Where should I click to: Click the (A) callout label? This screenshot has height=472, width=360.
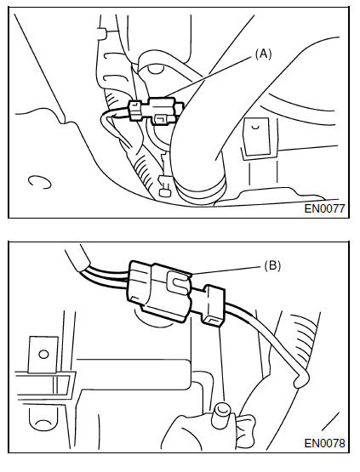point(263,54)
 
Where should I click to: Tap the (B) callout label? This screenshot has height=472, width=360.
point(272,266)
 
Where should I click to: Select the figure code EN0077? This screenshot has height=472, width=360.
point(324,208)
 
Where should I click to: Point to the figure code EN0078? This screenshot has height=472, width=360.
point(324,443)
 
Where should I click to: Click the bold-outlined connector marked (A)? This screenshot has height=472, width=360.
point(156,111)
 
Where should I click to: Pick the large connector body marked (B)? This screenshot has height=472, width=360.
point(160,291)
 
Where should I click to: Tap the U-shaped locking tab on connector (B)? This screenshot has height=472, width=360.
point(178,282)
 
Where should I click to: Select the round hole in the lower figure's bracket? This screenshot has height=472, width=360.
point(43,354)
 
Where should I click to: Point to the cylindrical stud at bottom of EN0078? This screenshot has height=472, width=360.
point(221,417)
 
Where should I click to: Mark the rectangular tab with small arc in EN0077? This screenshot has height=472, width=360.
point(257,136)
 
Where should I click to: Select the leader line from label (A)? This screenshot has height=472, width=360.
point(209,77)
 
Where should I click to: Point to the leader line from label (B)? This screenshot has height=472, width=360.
point(225,270)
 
